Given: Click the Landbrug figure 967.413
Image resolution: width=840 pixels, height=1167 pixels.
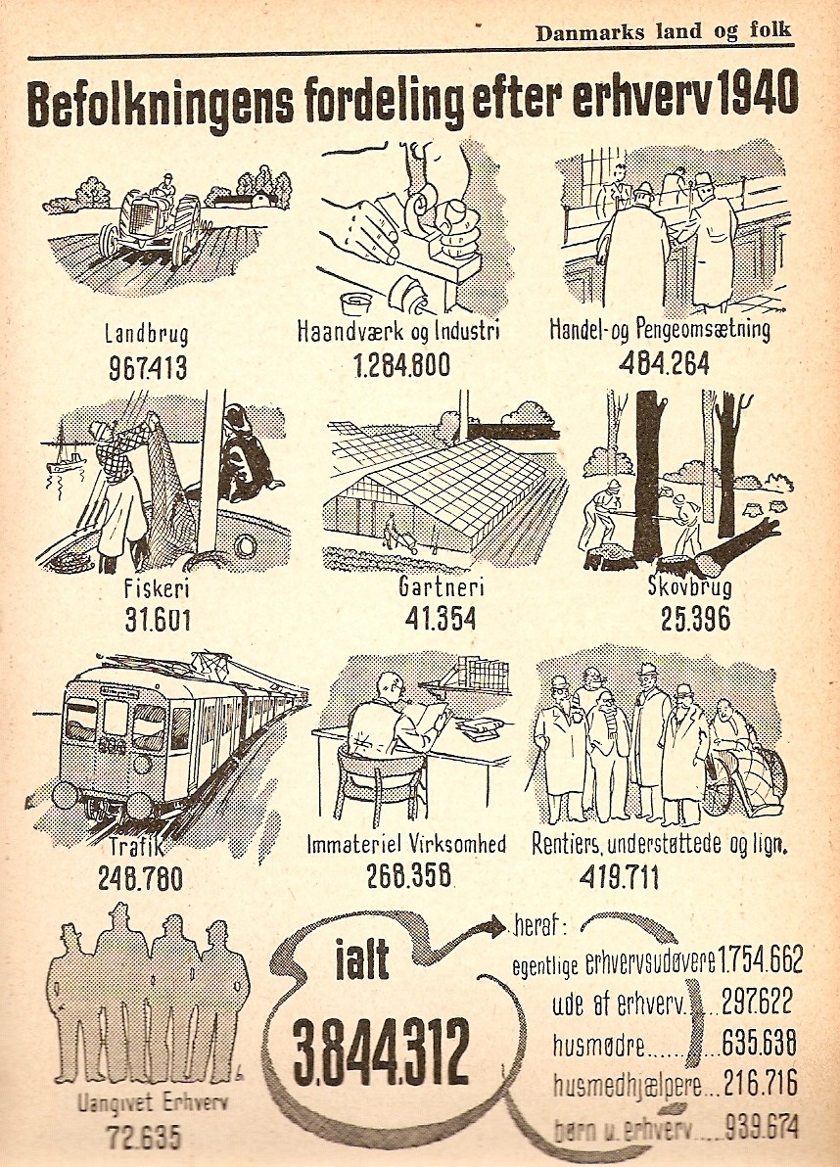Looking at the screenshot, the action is (x=147, y=367).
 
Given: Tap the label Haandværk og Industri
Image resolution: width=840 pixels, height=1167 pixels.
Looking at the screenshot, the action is (x=398, y=330).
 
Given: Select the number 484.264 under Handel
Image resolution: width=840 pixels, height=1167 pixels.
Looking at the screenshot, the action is (x=664, y=362).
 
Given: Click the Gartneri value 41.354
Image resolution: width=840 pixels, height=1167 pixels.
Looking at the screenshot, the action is (x=441, y=619).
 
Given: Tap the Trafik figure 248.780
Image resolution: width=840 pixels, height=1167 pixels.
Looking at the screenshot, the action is (x=140, y=879).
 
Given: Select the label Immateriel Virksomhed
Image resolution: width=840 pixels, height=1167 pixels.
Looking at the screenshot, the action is (x=406, y=844).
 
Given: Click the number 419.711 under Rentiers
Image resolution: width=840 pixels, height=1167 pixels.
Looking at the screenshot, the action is (x=619, y=877).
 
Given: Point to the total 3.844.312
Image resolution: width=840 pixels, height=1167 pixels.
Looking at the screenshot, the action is (x=381, y=1050).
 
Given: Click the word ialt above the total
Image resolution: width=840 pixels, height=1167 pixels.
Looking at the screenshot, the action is (x=362, y=957).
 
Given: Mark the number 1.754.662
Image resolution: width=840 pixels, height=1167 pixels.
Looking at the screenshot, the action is (x=760, y=960).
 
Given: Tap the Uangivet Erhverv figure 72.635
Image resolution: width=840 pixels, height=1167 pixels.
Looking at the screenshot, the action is (x=144, y=1138).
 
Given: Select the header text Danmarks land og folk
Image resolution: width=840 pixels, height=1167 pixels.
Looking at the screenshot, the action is (x=664, y=32).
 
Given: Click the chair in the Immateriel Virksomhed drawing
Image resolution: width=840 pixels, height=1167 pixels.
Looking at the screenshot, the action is (x=381, y=784).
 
